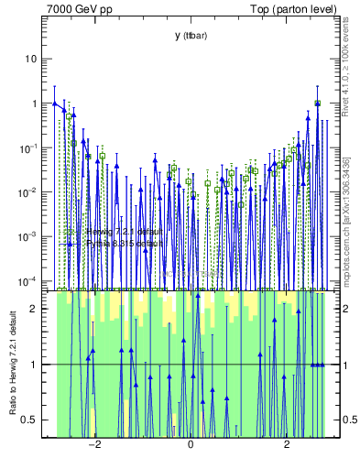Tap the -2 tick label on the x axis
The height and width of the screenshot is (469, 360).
93,446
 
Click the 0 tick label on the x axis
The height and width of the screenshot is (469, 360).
191,446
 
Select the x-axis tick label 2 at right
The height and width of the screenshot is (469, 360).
287,446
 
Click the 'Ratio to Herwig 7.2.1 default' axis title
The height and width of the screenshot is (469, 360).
13,362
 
